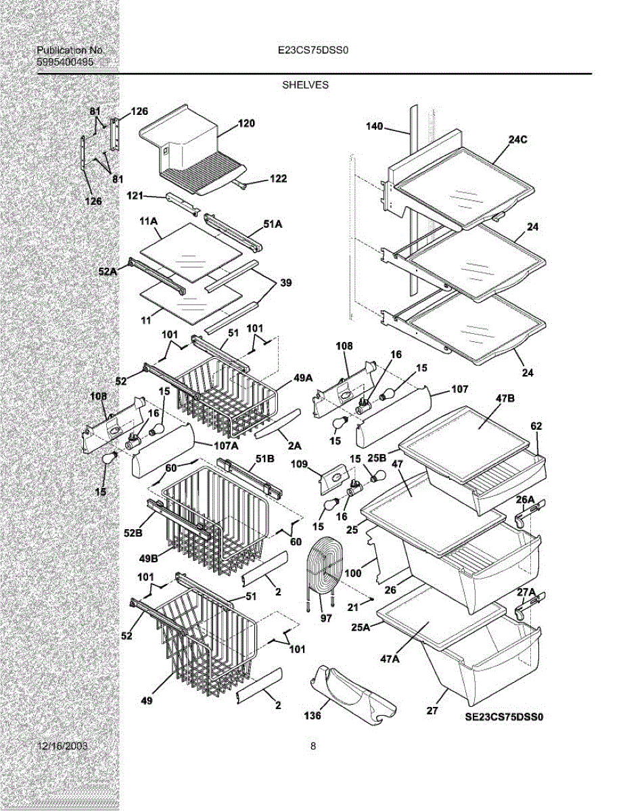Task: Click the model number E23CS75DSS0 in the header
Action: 312,50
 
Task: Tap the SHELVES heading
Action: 305,85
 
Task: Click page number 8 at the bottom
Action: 313,746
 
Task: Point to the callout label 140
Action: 374,126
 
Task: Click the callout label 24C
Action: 517,140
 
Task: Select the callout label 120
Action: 246,124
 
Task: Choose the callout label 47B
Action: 505,399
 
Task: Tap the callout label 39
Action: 285,283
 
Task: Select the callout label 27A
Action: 526,593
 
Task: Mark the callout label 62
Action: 536,426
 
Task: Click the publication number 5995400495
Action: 65,62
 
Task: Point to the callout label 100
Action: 353,573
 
